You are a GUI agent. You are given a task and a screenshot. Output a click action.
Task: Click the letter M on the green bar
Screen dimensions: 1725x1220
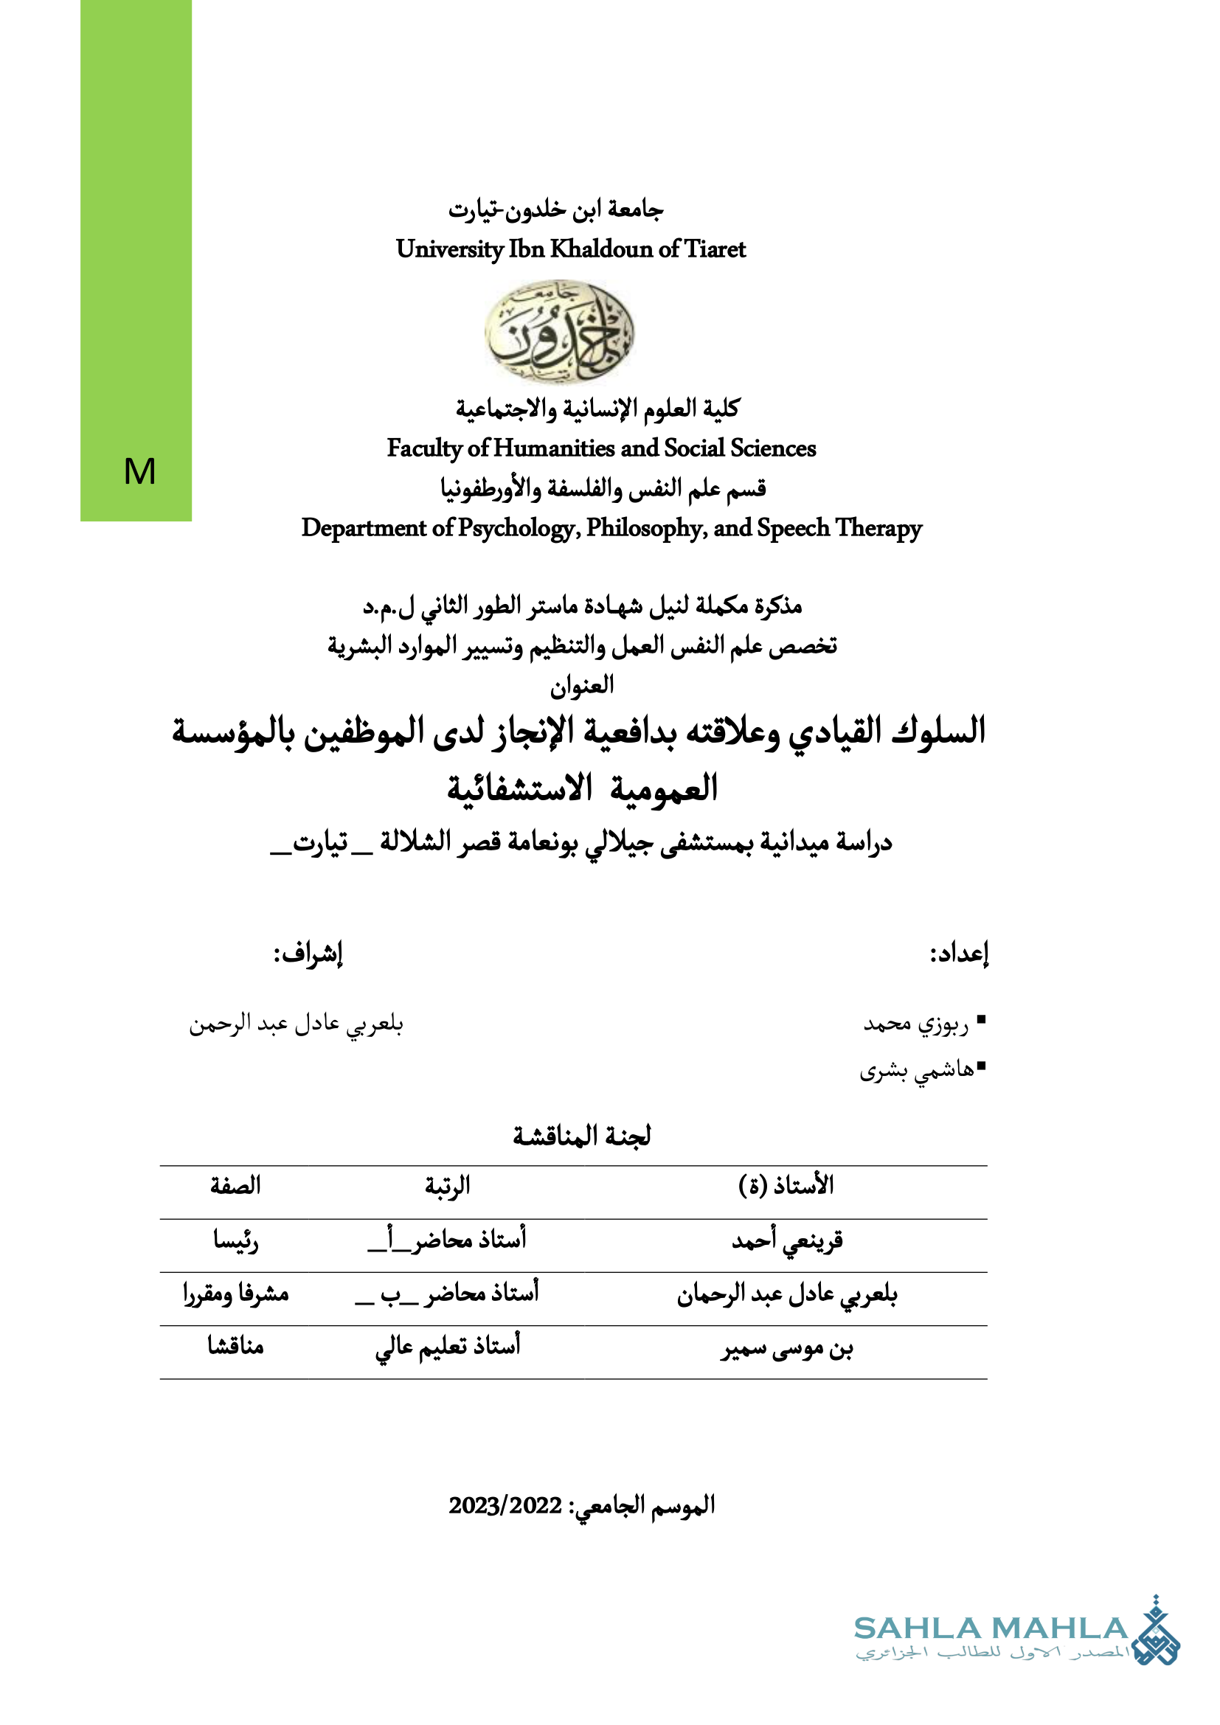click(x=139, y=472)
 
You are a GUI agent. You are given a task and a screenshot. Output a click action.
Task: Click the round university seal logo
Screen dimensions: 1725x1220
click(x=559, y=332)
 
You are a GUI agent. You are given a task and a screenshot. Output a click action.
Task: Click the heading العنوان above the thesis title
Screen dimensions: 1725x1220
click(x=582, y=685)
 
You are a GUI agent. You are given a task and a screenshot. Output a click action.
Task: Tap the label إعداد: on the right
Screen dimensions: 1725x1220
click(x=960, y=954)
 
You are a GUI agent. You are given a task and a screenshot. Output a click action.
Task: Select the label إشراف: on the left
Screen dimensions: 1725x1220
click(x=308, y=954)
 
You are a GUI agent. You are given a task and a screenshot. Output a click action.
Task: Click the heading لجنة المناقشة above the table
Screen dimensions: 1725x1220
click(x=582, y=1136)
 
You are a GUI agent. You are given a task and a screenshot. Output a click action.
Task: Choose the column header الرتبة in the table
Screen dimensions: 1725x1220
click(x=448, y=1187)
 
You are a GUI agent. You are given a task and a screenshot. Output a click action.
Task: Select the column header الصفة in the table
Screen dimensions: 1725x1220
click(x=235, y=1187)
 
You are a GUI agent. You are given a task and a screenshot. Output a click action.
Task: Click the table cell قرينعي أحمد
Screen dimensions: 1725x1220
click(x=787, y=1240)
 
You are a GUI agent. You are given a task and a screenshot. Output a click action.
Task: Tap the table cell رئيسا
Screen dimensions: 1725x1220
click(x=236, y=1240)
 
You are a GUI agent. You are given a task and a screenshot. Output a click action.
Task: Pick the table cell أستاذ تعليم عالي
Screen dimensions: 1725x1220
click(x=448, y=1347)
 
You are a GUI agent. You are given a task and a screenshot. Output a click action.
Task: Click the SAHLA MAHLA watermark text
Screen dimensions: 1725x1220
click(x=991, y=1629)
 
